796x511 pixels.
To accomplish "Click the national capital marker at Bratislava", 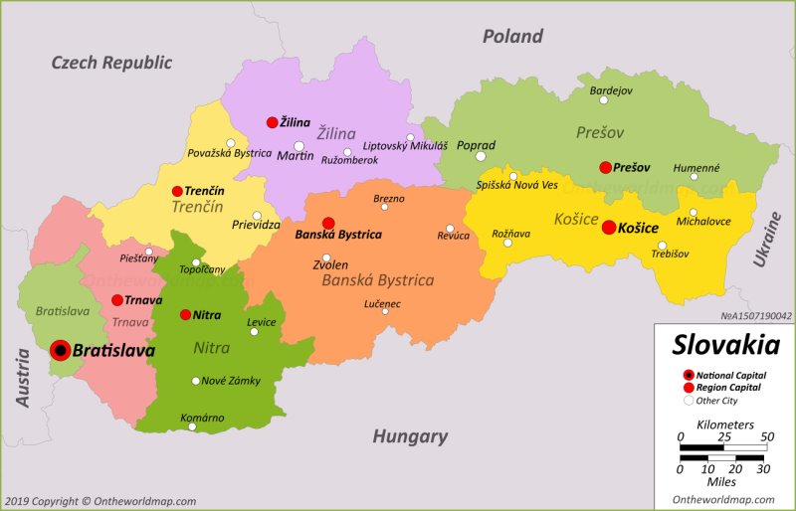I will pyautogui.click(x=60, y=350).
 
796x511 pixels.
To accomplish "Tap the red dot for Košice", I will pyautogui.click(x=609, y=227).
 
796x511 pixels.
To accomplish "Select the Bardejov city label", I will pyautogui.click(x=611, y=90).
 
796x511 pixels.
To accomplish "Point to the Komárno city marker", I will pyautogui.click(x=192, y=426).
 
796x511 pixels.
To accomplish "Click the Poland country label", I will pyautogui.click(x=512, y=37).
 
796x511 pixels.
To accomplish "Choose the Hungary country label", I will pyautogui.click(x=410, y=436).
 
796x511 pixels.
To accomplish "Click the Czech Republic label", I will pyautogui.click(x=111, y=63).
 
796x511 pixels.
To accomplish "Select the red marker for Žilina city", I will pyautogui.click(x=272, y=122).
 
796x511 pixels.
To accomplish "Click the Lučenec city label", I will pyautogui.click(x=383, y=302).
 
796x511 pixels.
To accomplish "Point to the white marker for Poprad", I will pyautogui.click(x=481, y=156).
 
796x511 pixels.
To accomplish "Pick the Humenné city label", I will pyautogui.click(x=696, y=168).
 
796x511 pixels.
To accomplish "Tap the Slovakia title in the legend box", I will pyautogui.click(x=725, y=346).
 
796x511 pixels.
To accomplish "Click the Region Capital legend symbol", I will pyautogui.click(x=688, y=387).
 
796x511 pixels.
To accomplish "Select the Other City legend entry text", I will pyautogui.click(x=717, y=401).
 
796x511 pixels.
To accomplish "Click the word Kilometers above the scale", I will pyautogui.click(x=724, y=425).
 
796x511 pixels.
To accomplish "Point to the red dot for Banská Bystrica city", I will pyautogui.click(x=328, y=223).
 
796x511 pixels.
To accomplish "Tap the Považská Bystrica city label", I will pyautogui.click(x=229, y=153).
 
